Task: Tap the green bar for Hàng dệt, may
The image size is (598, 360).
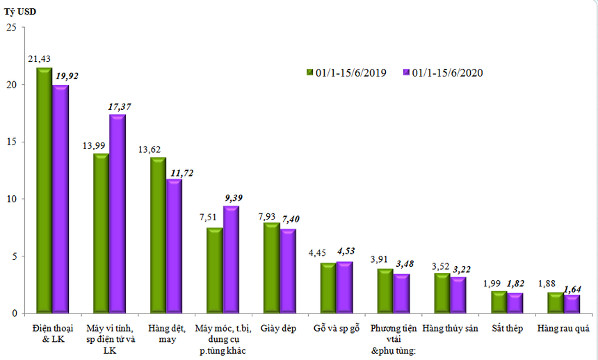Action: pyautogui.click(x=158, y=236)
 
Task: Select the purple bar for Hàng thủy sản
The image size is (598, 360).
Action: pyautogui.click(x=458, y=295)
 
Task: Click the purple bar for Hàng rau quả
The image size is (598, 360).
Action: pyautogui.click(x=572, y=304)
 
